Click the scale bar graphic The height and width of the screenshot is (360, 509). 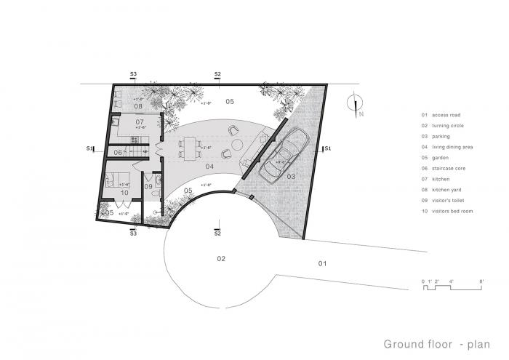pyautogui.click(x=452, y=286)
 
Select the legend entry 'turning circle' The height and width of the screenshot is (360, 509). pyautogui.click(x=445, y=125)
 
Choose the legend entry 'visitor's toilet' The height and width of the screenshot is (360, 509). pyautogui.click(x=446, y=200)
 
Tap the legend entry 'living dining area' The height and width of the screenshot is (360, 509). pyautogui.click(x=449, y=147)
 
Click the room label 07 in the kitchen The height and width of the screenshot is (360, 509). pyautogui.click(x=140, y=121)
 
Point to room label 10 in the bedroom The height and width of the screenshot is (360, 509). pyautogui.click(x=124, y=193)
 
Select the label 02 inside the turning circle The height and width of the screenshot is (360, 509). pyautogui.click(x=221, y=258)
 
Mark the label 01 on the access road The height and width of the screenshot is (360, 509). pyautogui.click(x=323, y=263)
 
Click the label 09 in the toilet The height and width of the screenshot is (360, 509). pyautogui.click(x=148, y=187)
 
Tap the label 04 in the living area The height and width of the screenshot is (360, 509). pyautogui.click(x=209, y=167)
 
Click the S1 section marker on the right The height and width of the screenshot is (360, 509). pyautogui.click(x=327, y=148)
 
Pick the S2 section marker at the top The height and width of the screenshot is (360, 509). pyautogui.click(x=217, y=74)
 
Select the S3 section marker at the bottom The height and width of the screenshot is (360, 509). pyautogui.click(x=133, y=233)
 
